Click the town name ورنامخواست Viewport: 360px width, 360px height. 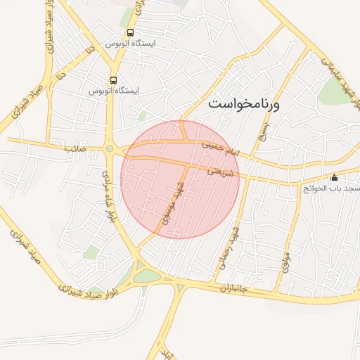pyautogui.click(x=244, y=105)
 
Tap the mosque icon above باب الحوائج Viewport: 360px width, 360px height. pyautogui.click(x=333, y=177)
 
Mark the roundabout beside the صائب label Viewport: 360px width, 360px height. pyautogui.click(x=110, y=148)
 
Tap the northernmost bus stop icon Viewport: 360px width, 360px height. pyautogui.click(x=130, y=33)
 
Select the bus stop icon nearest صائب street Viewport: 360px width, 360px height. pyautogui.click(x=114, y=81)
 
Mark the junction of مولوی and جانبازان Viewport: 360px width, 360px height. pyautogui.click(x=279, y=292)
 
